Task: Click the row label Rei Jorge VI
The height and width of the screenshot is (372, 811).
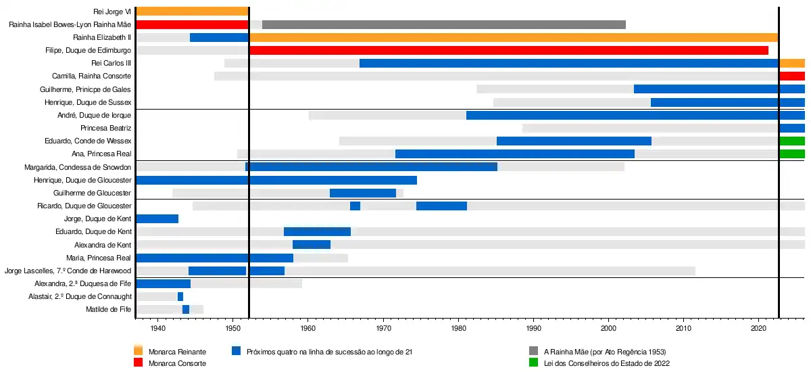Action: pyautogui.click(x=113, y=11)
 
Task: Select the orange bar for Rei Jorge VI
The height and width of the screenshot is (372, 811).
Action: pyautogui.click(x=192, y=11)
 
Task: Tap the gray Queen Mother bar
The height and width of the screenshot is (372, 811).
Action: pyautogui.click(x=443, y=24)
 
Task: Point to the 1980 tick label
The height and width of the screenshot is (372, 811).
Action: pyautogui.click(x=459, y=328)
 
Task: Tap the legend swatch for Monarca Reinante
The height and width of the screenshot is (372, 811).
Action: pyautogui.click(x=139, y=351)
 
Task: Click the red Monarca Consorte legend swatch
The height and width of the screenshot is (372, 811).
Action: pyautogui.click(x=139, y=363)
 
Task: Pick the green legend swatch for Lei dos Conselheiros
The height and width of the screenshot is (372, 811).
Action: pyautogui.click(x=533, y=363)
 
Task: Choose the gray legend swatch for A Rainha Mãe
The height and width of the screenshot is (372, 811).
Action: pyautogui.click(x=533, y=351)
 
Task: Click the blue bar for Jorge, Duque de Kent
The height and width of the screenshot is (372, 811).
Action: pyautogui.click(x=157, y=218)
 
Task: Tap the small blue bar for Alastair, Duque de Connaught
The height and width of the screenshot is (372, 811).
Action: pyautogui.click(x=180, y=296)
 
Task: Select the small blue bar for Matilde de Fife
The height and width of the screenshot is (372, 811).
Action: pyautogui.click(x=186, y=309)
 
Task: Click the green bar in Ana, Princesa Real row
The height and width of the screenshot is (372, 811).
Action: pyautogui.click(x=791, y=154)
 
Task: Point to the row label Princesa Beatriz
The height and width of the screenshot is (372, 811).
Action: pyautogui.click(x=105, y=128)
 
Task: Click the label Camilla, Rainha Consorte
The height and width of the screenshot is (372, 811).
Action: pyautogui.click(x=91, y=76)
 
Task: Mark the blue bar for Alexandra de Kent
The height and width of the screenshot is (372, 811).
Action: pyautogui.click(x=312, y=244)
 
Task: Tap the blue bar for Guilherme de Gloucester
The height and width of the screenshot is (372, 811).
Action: pyautogui.click(x=363, y=193)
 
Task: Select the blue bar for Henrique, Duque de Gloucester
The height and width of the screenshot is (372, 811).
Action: pyautogui.click(x=276, y=180)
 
